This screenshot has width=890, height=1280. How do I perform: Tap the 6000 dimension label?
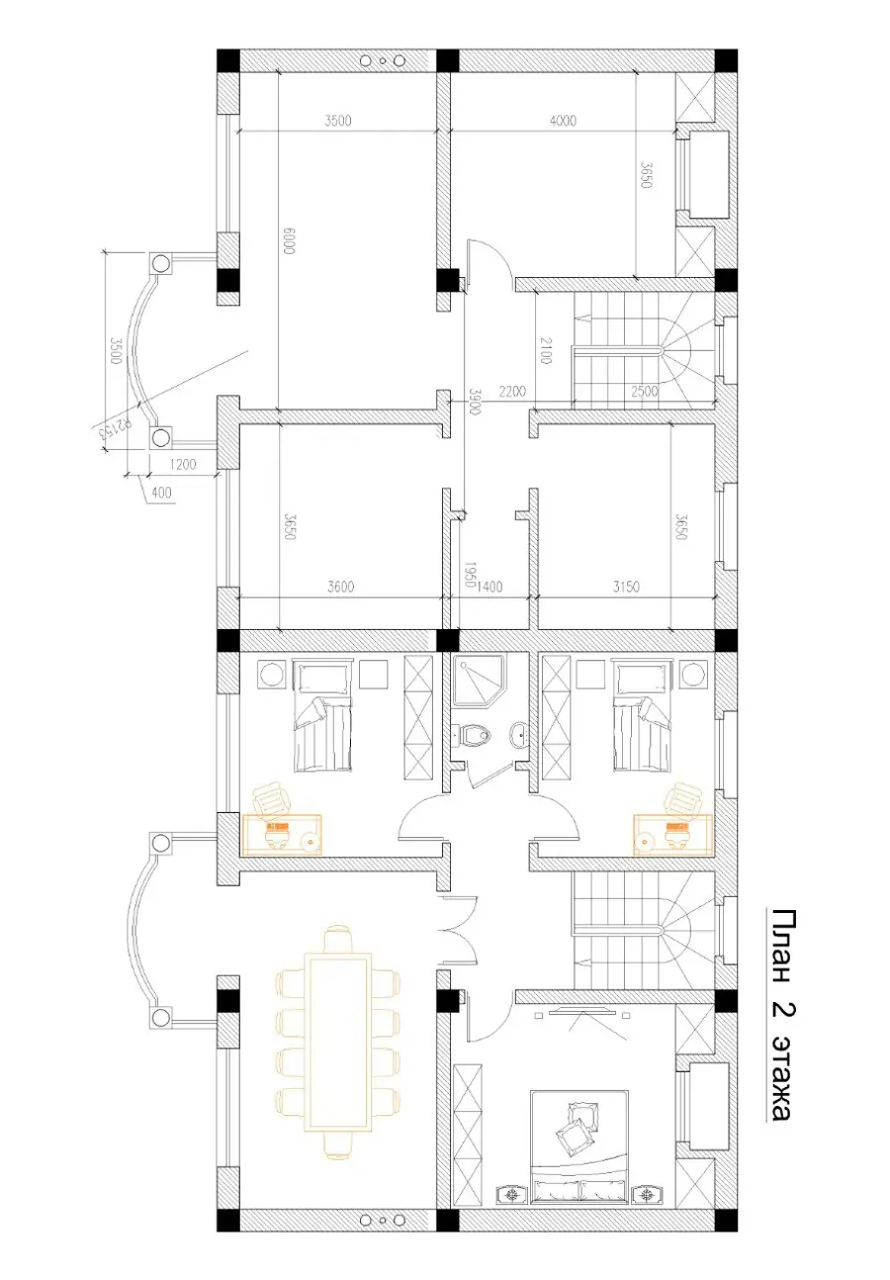tap(289, 240)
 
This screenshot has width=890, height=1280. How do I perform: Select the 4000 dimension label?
tap(563, 121)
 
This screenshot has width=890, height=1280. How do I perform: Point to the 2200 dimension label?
tap(512, 392)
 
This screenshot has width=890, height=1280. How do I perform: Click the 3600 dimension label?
tap(340, 587)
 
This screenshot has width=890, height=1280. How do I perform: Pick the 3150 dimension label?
tap(626, 587)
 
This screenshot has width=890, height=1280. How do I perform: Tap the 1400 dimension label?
tap(489, 587)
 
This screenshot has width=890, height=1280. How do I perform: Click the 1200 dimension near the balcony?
tap(183, 465)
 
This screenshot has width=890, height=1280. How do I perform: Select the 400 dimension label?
tap(162, 492)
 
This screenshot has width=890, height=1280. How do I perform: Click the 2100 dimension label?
tap(545, 350)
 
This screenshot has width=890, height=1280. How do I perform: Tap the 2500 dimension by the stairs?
tap(645, 392)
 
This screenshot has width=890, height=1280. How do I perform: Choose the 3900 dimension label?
tap(474, 402)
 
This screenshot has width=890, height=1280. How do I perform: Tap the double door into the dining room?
tap(457, 929)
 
